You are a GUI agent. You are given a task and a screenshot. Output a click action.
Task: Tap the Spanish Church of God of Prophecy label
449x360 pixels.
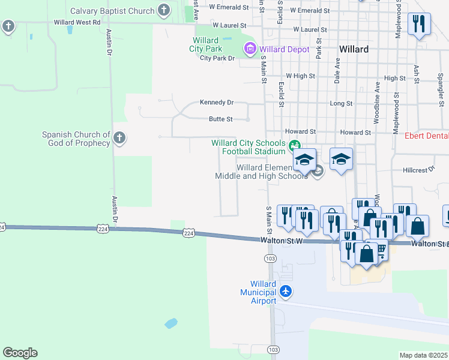(x=76, y=139)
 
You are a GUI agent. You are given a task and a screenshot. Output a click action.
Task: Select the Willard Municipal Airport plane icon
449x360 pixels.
(x=286, y=292)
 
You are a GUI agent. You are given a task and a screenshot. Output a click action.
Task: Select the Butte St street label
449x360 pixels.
(x=220, y=119)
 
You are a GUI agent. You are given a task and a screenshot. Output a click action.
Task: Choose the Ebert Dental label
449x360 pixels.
(x=426, y=136)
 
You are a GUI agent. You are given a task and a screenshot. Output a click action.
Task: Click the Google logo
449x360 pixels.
(x=20, y=353)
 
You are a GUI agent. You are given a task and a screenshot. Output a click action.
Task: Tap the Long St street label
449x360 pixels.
(x=341, y=104)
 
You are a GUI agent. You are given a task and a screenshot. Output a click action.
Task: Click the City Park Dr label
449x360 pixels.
(x=217, y=58)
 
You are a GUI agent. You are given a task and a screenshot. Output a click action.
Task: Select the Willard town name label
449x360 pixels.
(x=354, y=49)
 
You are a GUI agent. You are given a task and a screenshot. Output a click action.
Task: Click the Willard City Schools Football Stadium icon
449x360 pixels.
(x=294, y=145)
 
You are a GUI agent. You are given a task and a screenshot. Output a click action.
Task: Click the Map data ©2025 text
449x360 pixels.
(x=424, y=355)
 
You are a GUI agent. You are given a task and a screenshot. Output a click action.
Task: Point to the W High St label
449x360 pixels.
(x=301, y=76)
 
